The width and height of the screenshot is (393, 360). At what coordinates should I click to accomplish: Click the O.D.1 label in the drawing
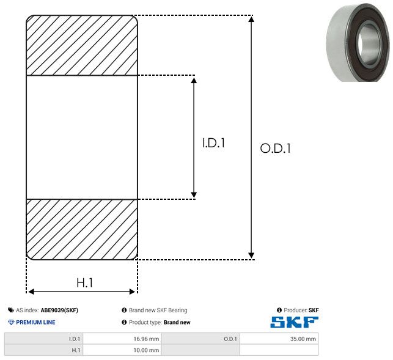coord(276,148)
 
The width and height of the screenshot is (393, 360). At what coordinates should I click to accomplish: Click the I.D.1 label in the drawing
coord(213,143)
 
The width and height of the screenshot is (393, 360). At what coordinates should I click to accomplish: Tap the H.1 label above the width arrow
coord(85,282)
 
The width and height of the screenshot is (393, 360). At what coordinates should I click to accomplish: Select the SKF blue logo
coord(294,322)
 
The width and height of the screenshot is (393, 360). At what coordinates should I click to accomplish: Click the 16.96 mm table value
coord(146,339)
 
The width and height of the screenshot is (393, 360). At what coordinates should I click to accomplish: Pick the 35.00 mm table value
coord(303,339)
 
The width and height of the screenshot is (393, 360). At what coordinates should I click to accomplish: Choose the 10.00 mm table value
coord(146,350)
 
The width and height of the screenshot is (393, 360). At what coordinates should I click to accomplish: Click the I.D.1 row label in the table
coord(75,339)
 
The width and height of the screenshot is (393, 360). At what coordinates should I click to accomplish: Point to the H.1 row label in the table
coord(76,350)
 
